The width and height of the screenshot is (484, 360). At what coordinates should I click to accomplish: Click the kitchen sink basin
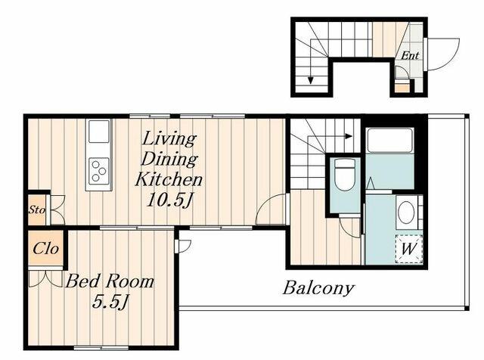point(99,132)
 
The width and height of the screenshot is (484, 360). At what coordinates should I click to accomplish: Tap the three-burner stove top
point(99,171)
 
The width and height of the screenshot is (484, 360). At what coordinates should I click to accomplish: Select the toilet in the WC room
point(345,175)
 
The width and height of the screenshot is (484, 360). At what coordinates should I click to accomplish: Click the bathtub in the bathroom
point(389,141)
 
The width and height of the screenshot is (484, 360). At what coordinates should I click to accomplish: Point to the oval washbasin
point(407,212)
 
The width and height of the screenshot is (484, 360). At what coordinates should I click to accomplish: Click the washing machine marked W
point(409,249)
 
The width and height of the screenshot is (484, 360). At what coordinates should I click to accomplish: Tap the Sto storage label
point(37,210)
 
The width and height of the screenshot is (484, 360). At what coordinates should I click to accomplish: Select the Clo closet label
point(45,248)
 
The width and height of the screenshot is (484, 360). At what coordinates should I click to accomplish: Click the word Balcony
point(318,289)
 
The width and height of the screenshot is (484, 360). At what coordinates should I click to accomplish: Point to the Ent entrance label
point(410,55)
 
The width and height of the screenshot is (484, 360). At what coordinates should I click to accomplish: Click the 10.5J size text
point(169,200)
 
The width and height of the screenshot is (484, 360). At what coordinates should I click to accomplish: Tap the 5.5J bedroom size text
point(110,302)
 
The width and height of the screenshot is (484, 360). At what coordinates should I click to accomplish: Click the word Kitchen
point(169,179)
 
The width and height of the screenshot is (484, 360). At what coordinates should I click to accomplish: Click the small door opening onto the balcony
point(184,246)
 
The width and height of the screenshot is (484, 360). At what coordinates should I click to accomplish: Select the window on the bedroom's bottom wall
point(101,348)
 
